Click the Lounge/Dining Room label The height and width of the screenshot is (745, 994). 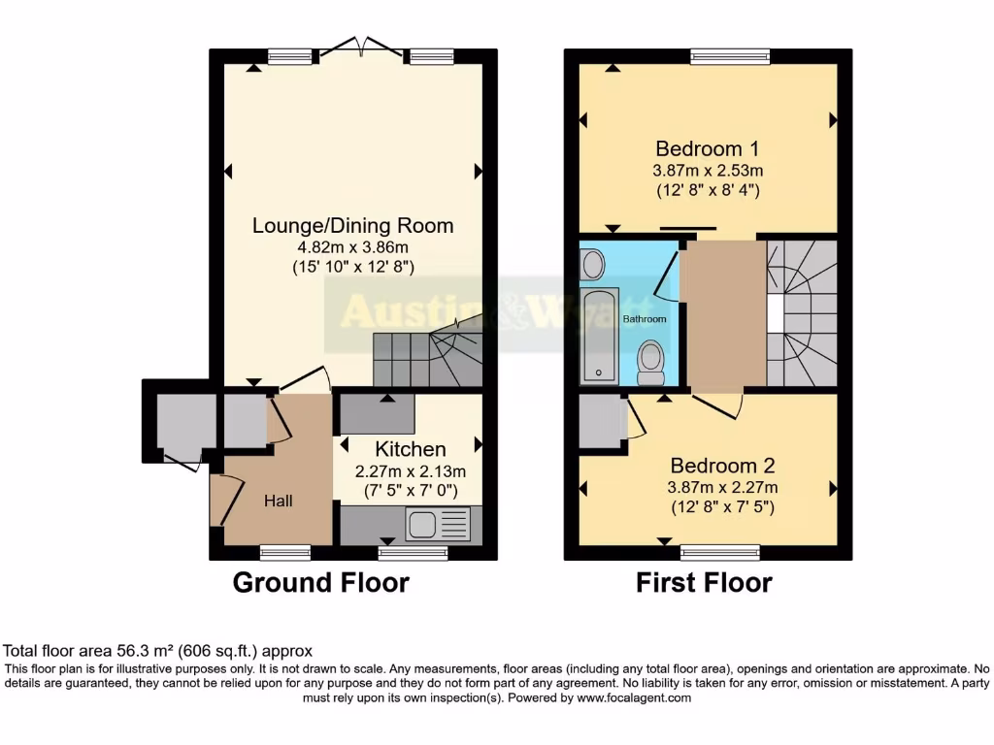coord(352,226)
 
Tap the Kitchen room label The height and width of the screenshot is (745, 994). coord(411,449)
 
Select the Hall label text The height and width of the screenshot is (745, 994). coord(278,501)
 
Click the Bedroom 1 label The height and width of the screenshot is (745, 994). coord(707,148)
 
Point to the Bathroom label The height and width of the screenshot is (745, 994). coord(644,319)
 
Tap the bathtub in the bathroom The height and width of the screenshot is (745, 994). coord(600,336)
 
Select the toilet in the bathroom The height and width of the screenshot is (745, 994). coord(651,362)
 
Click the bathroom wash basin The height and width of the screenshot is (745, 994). coord(592,262)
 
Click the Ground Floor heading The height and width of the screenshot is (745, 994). coord(320,583)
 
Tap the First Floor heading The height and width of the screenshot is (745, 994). coord(704,583)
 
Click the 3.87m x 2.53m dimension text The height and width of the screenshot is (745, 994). coord(707,171)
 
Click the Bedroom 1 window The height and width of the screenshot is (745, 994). coord(730,57)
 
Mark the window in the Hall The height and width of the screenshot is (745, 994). coord(285,553)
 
